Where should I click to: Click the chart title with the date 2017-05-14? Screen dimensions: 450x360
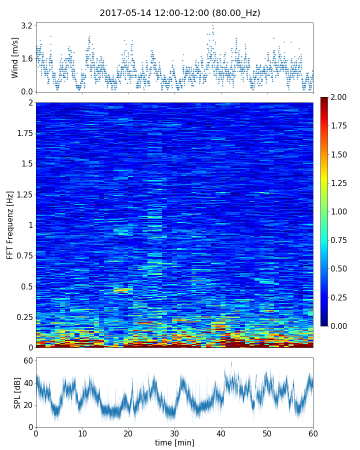[180, 13]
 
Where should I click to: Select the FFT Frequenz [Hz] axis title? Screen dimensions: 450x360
[10, 224]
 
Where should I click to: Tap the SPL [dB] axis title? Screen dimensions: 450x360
[17, 392]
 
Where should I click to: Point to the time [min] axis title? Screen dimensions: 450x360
[174, 442]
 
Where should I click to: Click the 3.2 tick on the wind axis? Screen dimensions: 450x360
[26, 25]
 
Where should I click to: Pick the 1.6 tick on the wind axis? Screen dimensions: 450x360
[26, 58]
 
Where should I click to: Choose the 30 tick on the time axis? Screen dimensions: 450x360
[174, 433]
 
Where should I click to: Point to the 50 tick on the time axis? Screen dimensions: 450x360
[267, 433]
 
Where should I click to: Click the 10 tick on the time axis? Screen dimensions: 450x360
[82, 433]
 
